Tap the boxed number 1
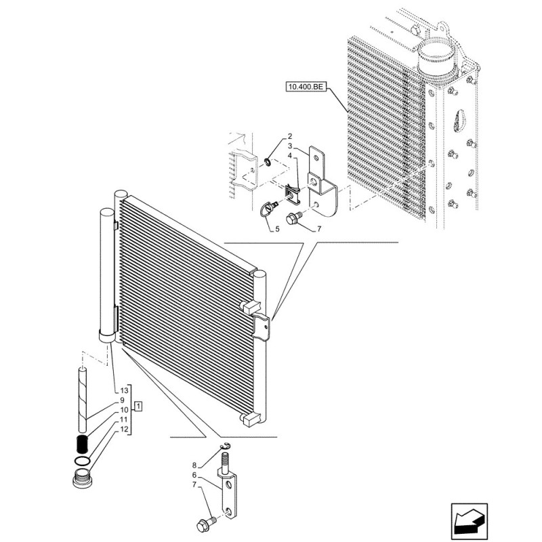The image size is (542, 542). (x=138, y=406)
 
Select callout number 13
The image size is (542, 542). (x=125, y=391)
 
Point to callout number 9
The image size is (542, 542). (x=122, y=400)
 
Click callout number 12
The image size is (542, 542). (x=125, y=430)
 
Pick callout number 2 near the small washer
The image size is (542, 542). (x=290, y=136)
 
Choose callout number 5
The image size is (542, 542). (x=277, y=229)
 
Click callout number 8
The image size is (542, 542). (x=194, y=465)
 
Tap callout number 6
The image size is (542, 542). (x=194, y=476)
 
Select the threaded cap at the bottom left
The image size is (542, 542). (x=83, y=479)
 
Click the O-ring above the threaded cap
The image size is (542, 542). (x=82, y=461)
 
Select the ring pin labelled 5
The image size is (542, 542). (x=269, y=209)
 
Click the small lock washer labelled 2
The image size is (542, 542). (x=267, y=161)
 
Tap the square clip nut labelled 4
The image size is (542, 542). (x=292, y=194)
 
